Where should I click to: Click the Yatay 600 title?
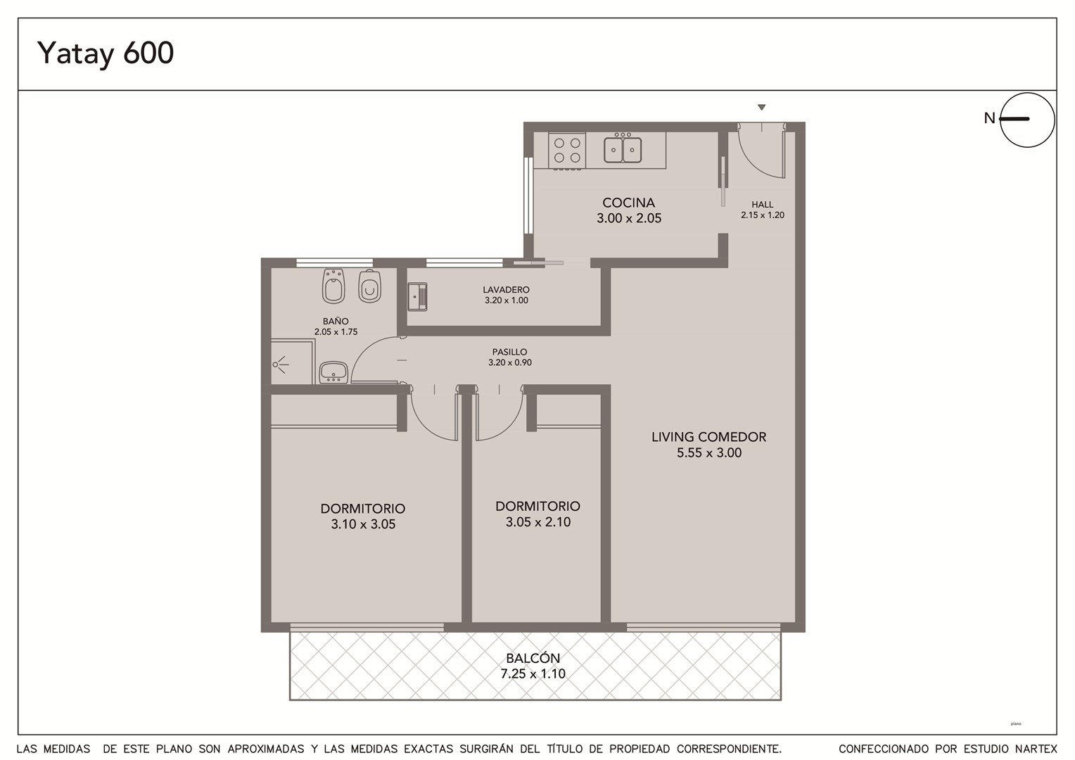(x=105, y=53)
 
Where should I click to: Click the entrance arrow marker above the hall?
(x=762, y=108)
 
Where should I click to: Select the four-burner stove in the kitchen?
(x=567, y=151)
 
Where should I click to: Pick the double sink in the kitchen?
(x=623, y=149)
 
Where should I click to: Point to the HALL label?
(x=763, y=205)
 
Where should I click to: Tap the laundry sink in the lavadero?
(x=417, y=297)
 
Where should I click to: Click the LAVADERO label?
(x=507, y=289)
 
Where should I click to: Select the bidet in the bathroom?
(x=333, y=286)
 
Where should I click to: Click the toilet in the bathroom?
(x=369, y=286)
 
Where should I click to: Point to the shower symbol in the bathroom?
(x=281, y=365)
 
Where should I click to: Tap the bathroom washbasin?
(x=333, y=372)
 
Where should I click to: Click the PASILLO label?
(x=509, y=352)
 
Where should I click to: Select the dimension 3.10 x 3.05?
(x=363, y=524)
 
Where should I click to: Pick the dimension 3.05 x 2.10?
(x=538, y=522)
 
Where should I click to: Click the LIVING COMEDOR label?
(x=709, y=437)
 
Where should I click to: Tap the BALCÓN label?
(x=533, y=658)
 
